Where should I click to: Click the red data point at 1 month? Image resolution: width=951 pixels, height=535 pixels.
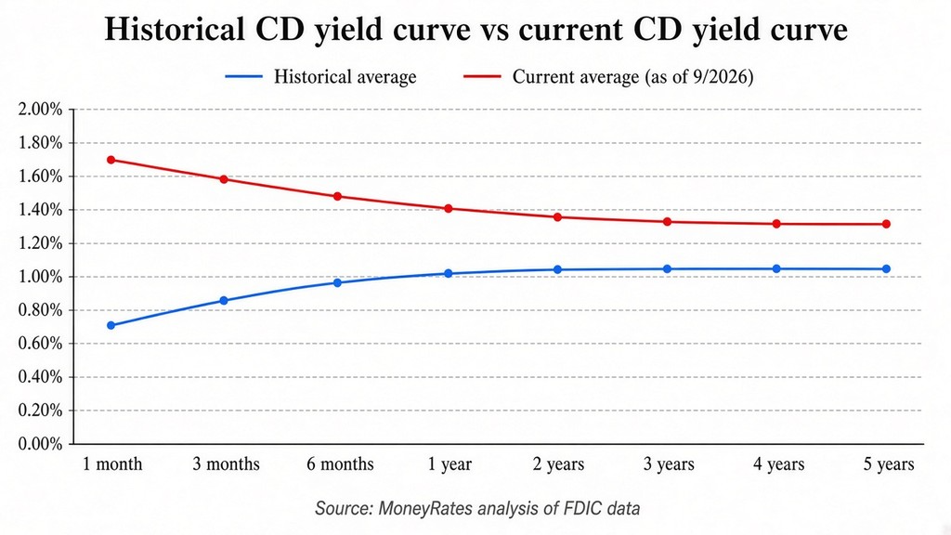[111, 160]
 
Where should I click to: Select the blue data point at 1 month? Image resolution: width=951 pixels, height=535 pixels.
[111, 326]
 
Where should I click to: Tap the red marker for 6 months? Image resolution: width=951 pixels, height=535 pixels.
[338, 197]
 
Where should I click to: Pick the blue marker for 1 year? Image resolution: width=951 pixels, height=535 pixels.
[449, 274]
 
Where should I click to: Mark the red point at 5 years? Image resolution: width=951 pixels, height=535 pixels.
[886, 224]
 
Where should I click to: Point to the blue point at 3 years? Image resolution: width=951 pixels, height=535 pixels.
[667, 268]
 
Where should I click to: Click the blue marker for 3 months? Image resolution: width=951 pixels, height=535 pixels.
[224, 301]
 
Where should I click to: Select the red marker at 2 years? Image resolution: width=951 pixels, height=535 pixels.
[557, 217]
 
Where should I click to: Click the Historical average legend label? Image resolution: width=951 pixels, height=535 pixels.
[345, 77]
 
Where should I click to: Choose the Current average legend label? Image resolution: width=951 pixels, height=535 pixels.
[632, 77]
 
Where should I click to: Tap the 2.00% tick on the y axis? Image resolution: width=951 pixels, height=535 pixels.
[41, 110]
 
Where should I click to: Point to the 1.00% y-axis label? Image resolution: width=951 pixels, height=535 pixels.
[41, 277]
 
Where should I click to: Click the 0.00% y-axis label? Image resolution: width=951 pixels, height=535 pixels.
[41, 444]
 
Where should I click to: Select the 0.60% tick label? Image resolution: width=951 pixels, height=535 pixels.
[41, 344]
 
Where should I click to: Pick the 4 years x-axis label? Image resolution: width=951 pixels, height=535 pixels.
[779, 464]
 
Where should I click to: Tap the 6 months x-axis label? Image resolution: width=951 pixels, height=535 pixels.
[340, 464]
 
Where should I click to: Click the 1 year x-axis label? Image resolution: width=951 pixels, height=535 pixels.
[449, 464]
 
